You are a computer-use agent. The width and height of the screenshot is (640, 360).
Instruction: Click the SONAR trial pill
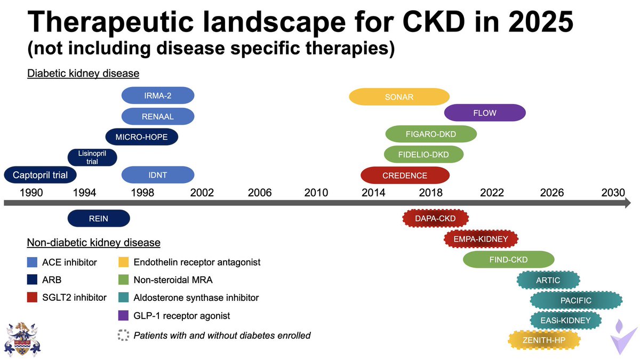399,97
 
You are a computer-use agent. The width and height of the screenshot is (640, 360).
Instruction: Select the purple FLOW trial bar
484,113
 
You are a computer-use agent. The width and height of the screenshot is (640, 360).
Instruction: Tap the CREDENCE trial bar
405,175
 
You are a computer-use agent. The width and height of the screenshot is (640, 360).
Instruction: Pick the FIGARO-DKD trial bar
431,134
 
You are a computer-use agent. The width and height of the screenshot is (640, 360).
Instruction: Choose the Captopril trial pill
40,175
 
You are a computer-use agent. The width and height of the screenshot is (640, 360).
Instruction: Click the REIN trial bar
99,218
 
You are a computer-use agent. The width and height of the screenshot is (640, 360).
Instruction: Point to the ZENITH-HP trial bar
544,339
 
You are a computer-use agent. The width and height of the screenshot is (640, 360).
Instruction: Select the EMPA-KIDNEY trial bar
481,239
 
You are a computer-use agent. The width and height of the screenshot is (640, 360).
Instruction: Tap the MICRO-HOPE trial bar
141,137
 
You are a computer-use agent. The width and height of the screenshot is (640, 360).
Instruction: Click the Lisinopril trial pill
92,157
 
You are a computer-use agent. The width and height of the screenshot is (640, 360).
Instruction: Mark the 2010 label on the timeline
316,193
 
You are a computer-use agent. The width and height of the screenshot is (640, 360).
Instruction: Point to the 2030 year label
613,193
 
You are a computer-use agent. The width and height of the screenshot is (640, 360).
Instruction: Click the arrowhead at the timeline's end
627,203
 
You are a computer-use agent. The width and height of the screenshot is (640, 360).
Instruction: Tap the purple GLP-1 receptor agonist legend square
124,316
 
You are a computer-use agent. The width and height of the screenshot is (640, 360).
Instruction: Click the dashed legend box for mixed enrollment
124,335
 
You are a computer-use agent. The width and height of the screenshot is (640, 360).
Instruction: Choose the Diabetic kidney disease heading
83,74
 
